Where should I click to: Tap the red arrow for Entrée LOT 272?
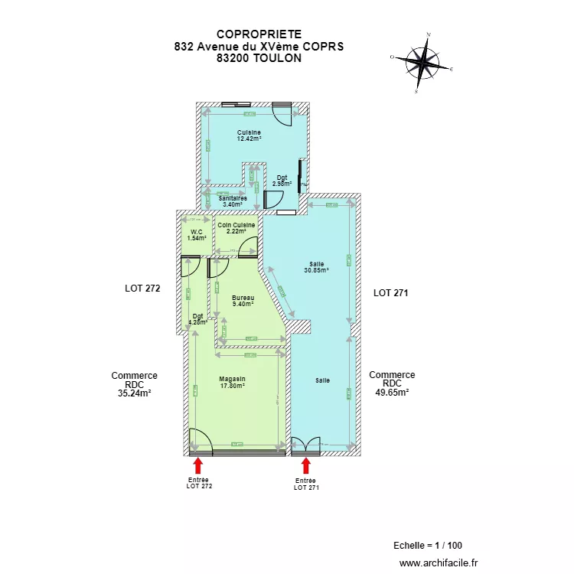tap(197, 465)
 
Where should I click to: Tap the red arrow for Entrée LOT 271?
tap(306, 465)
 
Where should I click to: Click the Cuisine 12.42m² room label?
tap(249, 136)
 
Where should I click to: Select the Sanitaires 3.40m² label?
tap(233, 201)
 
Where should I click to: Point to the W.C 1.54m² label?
tap(196, 235)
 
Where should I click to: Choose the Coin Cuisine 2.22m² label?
tap(236, 228)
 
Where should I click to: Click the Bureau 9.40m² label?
tap(243, 301)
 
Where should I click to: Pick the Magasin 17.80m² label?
tap(232, 383)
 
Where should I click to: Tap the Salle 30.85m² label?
tap(316, 267)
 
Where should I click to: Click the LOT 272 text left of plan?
tap(142, 289)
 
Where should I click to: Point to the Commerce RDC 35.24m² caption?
tap(134, 385)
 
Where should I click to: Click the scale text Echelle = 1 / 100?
tap(427, 546)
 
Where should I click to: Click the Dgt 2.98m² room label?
tap(282, 181)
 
